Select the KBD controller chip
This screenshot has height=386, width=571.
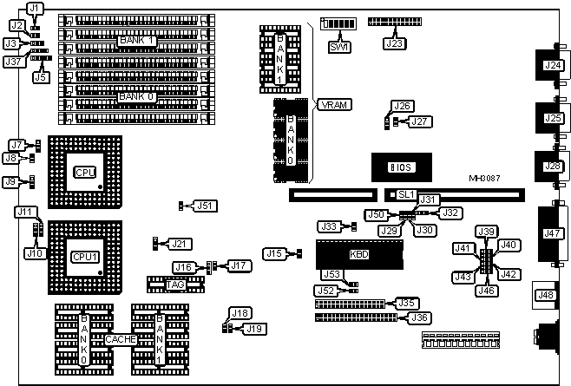point(358,254)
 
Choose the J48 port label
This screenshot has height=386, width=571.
point(545,295)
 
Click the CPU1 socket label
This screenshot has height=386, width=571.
point(84,257)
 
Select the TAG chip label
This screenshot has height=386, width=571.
point(175,284)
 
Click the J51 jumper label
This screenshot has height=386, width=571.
point(205,206)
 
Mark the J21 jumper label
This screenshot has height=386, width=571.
point(180,243)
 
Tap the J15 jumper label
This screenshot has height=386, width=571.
point(274,253)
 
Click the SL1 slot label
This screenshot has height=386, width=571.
point(406,196)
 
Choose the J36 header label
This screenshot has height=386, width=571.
point(419,317)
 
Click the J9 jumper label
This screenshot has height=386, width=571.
point(10,182)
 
